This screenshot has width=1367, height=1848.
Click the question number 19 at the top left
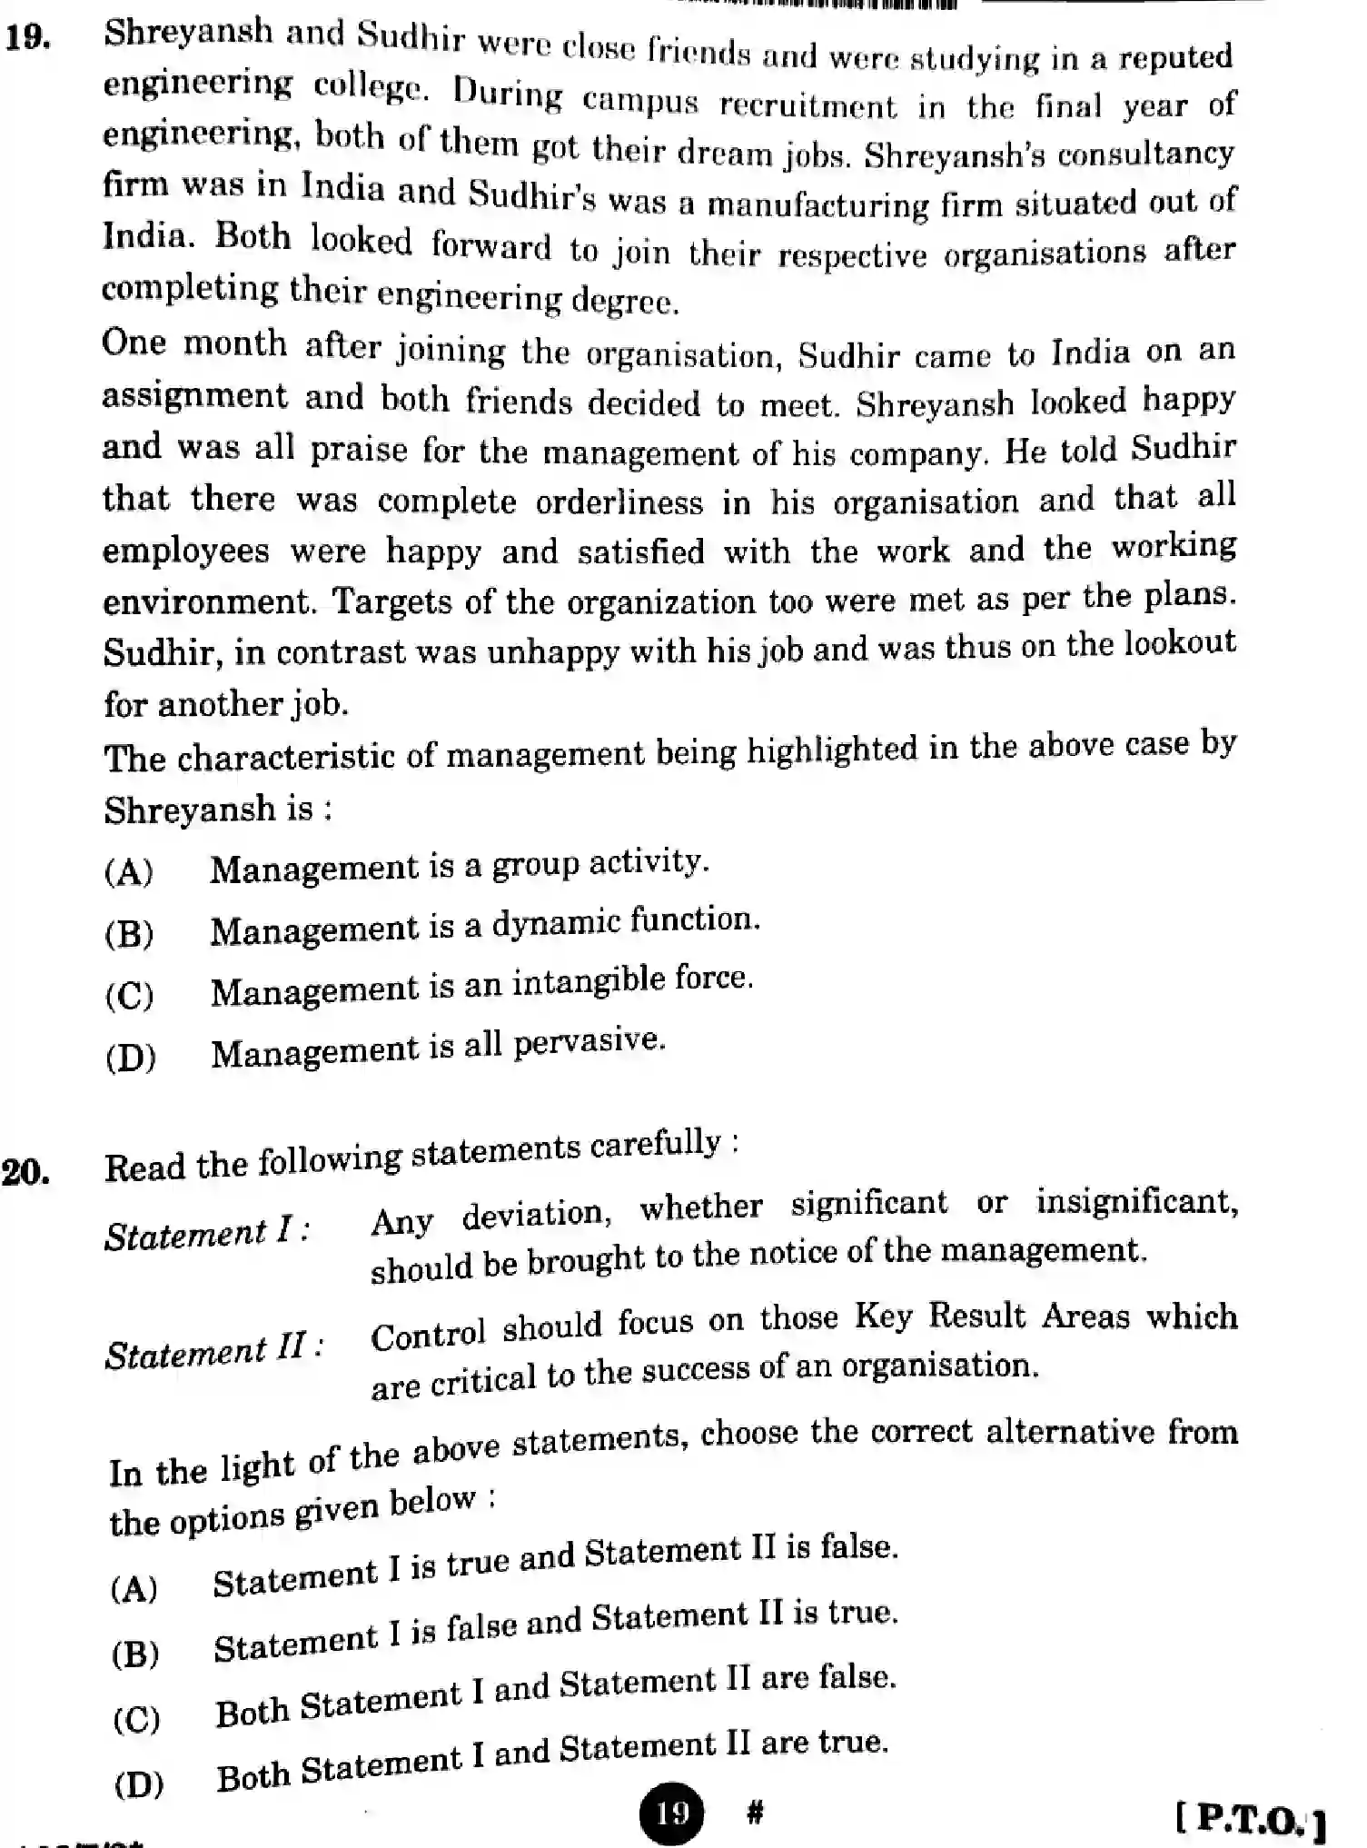(x=27, y=39)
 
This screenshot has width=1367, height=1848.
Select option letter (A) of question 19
(x=129, y=872)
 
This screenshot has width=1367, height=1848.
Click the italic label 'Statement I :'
(x=207, y=1235)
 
